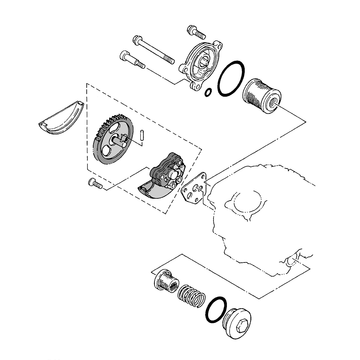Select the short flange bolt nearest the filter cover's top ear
(x=196, y=32)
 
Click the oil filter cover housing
(x=200, y=67)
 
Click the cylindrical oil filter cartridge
(x=261, y=95)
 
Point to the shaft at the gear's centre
(x=119, y=141)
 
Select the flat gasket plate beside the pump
(x=195, y=189)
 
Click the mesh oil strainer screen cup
(x=166, y=281)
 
